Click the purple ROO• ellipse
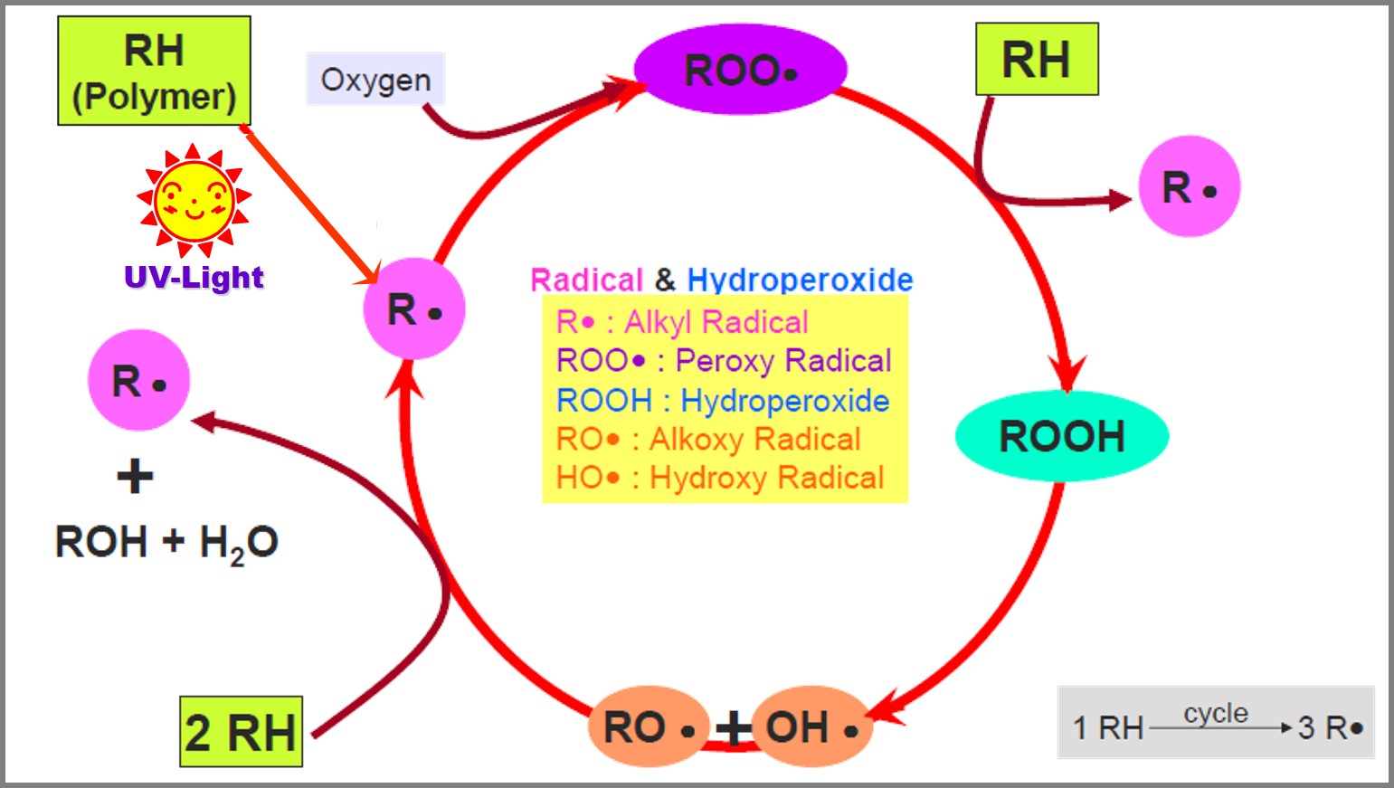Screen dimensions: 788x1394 tap(740, 70)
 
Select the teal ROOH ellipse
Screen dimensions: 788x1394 tap(1061, 436)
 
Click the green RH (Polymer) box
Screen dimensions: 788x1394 tap(154, 71)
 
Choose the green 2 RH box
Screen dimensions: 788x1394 tap(241, 732)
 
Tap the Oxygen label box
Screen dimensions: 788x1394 tap(375, 80)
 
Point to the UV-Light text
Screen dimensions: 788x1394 tap(194, 277)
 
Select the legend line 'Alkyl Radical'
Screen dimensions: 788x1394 tap(682, 322)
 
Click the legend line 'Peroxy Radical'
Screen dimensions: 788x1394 tap(724, 361)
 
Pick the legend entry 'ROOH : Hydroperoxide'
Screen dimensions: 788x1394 tap(722, 400)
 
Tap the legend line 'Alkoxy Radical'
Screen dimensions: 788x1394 tap(708, 439)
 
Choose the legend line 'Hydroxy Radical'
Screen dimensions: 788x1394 tap(720, 478)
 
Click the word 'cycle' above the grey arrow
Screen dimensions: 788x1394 tap(1215, 714)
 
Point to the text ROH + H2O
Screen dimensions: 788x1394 tap(166, 543)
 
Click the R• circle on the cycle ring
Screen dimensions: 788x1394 tap(413, 309)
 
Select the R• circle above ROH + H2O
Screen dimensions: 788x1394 tap(138, 381)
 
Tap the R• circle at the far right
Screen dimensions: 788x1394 tap(1189, 187)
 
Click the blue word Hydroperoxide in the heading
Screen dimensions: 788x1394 tap(800, 280)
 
